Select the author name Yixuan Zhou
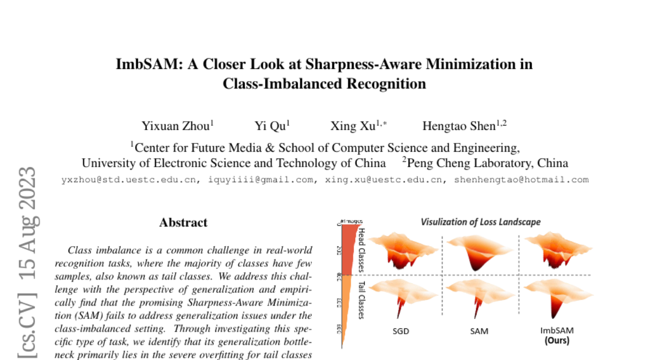(x=175, y=126)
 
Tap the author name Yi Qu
(x=270, y=126)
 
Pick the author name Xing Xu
(x=353, y=126)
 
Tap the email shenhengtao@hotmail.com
(x=521, y=180)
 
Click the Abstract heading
(x=183, y=223)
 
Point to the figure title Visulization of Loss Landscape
(x=480, y=222)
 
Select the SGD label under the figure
(x=400, y=331)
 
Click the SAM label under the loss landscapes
(x=479, y=331)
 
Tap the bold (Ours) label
(x=556, y=340)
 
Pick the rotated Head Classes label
(x=361, y=249)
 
